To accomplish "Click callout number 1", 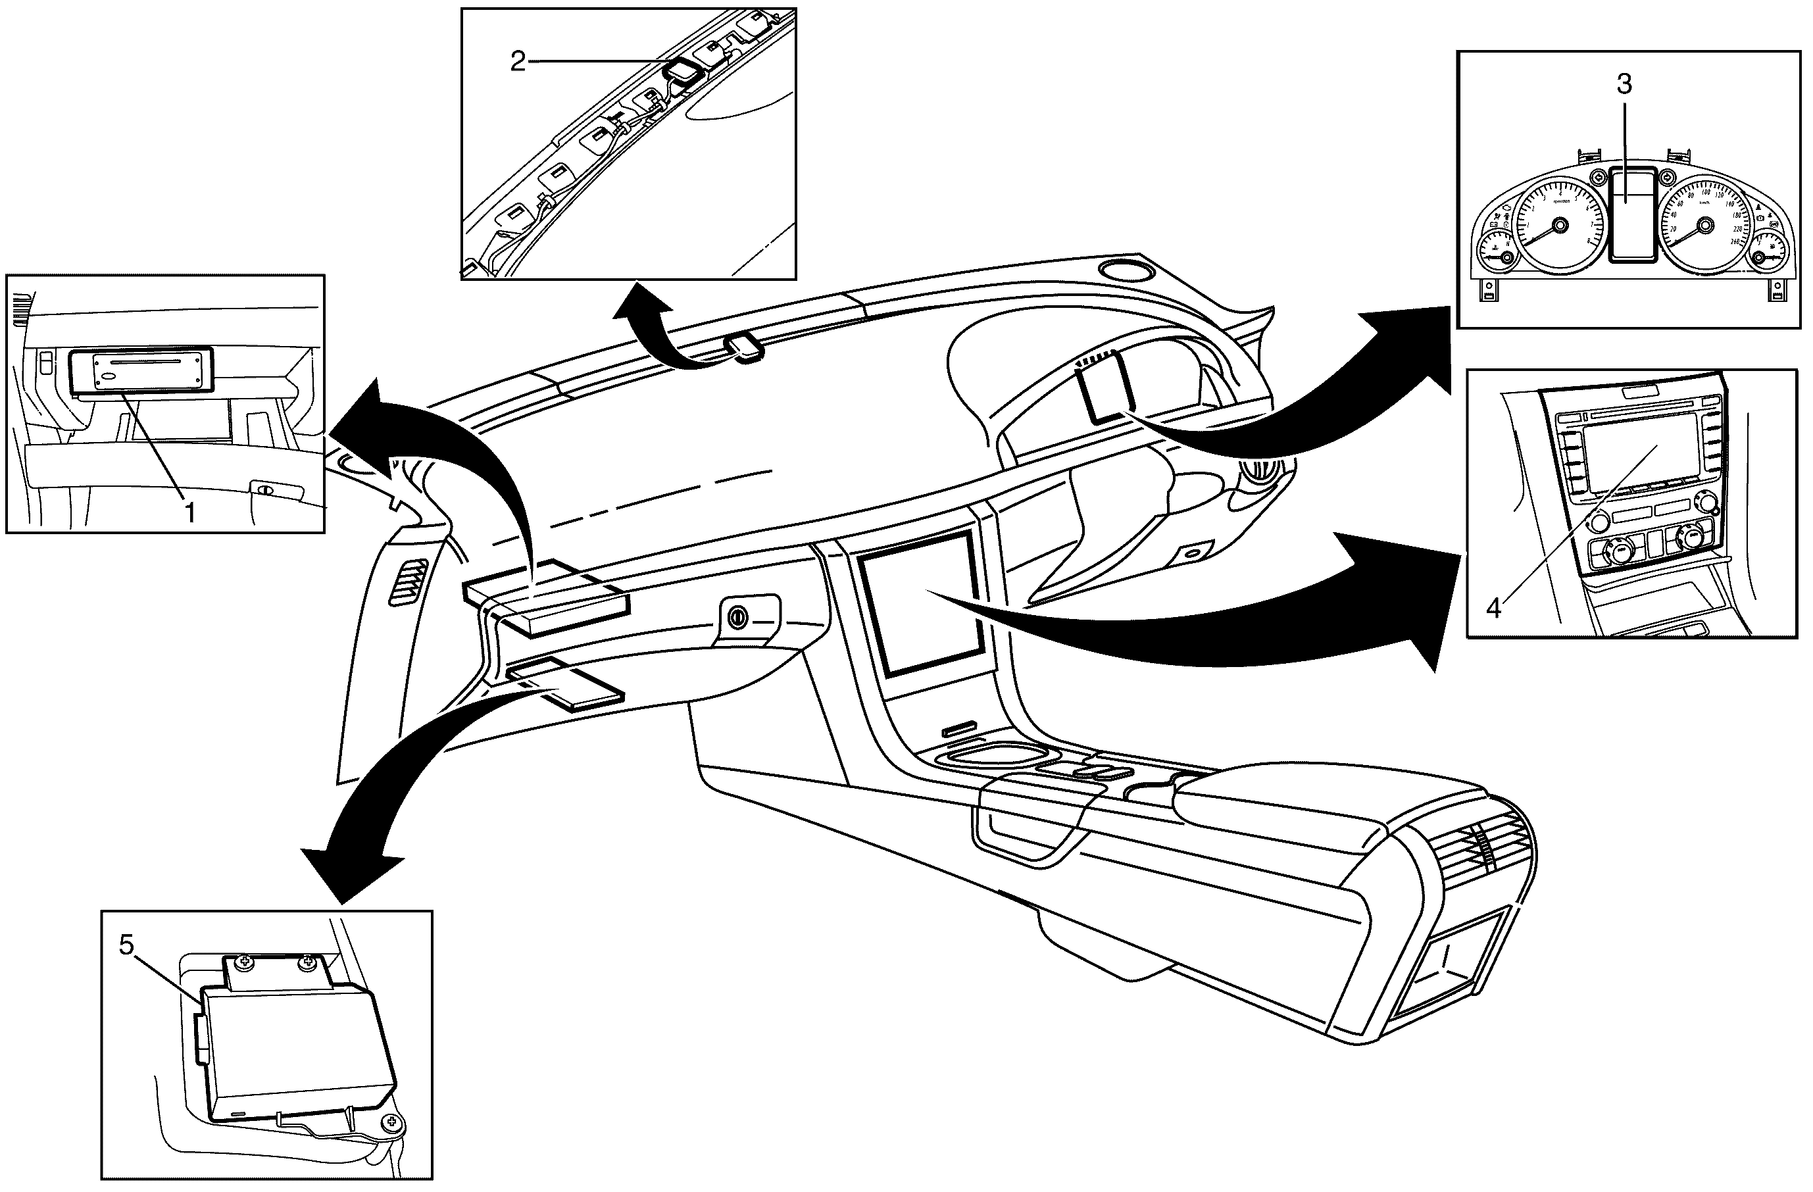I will (x=189, y=512).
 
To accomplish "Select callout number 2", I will (x=518, y=62).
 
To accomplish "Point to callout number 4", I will (x=1494, y=608).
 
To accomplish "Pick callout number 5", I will (x=127, y=945).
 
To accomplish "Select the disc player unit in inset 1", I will (x=139, y=370).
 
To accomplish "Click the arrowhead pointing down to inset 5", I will (x=354, y=872).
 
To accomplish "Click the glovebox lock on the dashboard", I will (x=737, y=618).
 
